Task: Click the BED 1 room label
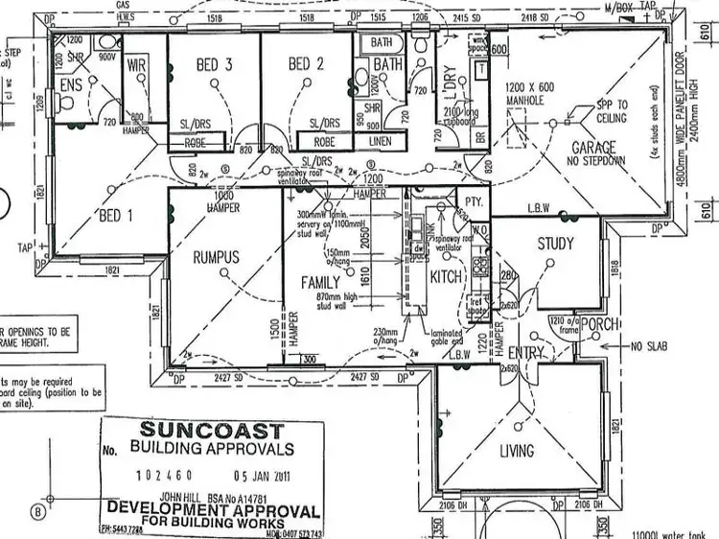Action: (x=116, y=217)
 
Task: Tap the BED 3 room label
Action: (x=214, y=65)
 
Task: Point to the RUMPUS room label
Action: (x=216, y=256)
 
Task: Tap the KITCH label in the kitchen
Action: (x=446, y=277)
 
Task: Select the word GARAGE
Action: (x=593, y=148)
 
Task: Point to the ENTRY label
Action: (x=524, y=353)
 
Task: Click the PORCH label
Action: (x=601, y=325)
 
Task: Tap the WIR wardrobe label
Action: (x=134, y=65)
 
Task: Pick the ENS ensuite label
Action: (x=69, y=85)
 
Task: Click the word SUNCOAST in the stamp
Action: (x=212, y=431)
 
